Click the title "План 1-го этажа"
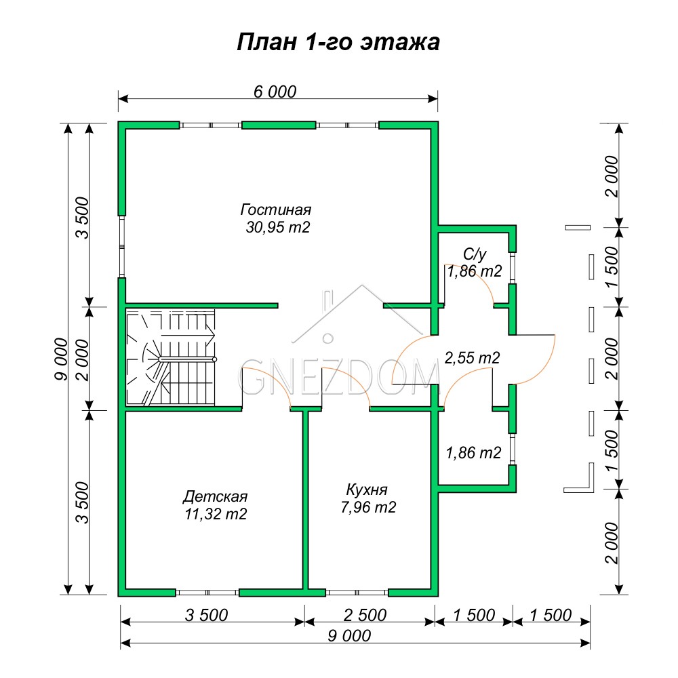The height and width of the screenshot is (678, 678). (338, 43)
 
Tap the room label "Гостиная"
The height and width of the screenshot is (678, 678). (276, 210)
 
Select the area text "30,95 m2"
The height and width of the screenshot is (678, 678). (277, 227)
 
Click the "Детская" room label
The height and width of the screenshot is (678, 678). (215, 496)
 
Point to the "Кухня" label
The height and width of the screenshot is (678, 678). (367, 490)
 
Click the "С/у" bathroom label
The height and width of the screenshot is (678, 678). (475, 254)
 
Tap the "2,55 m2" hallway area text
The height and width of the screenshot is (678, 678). (472, 358)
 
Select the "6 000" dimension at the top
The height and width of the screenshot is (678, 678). (275, 92)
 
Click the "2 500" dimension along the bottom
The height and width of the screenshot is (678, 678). (365, 615)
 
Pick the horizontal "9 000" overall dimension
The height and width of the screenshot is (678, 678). (349, 636)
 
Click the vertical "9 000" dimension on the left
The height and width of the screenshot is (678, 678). (62, 359)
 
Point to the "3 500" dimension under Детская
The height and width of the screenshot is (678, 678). (206, 615)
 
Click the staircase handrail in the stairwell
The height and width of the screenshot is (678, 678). (187, 359)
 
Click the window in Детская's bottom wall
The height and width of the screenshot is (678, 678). (207, 593)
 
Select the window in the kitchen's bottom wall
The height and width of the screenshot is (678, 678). (357, 593)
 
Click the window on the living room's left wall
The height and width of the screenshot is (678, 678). (122, 247)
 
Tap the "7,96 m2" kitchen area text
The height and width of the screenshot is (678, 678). (368, 507)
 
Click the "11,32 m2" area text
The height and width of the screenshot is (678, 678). (216, 514)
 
